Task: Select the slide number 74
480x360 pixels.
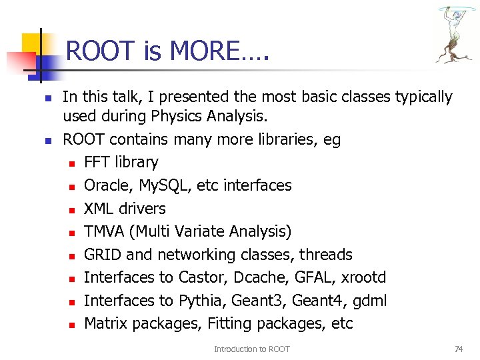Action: click(x=458, y=349)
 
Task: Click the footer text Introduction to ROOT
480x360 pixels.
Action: click(x=252, y=349)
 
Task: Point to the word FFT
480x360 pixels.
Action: click(x=97, y=163)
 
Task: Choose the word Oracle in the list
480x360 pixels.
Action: click(x=105, y=185)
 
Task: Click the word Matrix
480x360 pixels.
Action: click(x=106, y=324)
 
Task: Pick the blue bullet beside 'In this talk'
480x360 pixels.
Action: click(x=47, y=98)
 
